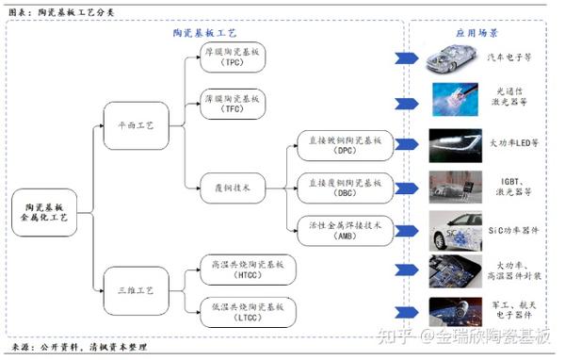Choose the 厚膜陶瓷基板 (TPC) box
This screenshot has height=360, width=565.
tap(233, 57)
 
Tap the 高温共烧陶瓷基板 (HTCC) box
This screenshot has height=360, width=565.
tap(233, 268)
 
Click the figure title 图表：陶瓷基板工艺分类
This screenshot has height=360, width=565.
tap(58, 10)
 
